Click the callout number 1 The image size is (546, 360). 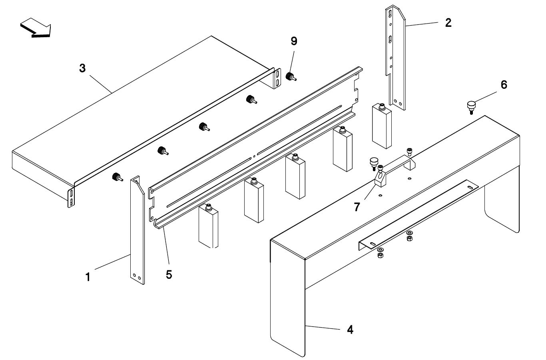(88, 277)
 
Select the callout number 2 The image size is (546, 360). (448, 22)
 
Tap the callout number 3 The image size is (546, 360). (82, 68)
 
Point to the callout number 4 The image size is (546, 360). (350, 330)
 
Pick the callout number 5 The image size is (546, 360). (169, 274)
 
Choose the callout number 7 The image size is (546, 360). (357, 206)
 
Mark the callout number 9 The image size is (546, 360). (294, 41)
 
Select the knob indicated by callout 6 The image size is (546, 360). (471, 106)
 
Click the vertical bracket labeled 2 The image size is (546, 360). (396, 56)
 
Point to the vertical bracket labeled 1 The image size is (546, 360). (137, 230)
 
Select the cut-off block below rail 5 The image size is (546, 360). (208, 228)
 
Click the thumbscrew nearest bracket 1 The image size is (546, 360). (117, 177)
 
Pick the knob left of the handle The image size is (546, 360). (374, 161)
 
